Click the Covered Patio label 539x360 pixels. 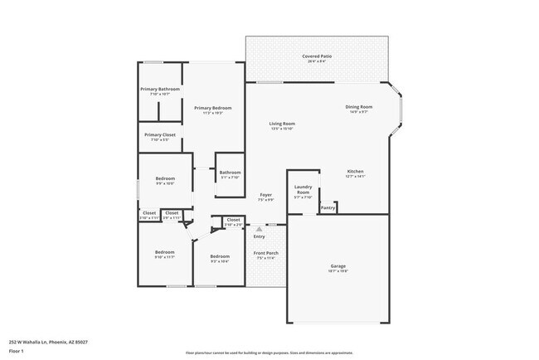click(317, 56)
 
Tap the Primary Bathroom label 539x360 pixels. click(160, 89)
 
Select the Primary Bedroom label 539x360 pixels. click(213, 108)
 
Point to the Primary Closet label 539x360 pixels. click(160, 134)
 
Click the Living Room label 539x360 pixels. click(283, 124)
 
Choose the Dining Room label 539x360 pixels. click(359, 106)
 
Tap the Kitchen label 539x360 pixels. click(356, 171)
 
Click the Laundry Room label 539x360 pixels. click(303, 189)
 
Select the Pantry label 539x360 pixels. click(328, 207)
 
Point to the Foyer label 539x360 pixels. click(265, 195)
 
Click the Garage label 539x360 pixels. click(338, 266)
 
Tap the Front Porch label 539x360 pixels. click(265, 253)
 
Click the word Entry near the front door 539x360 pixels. click(260, 236)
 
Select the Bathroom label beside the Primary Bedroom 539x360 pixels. click(230, 173)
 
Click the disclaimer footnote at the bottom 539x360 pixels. click(269, 353)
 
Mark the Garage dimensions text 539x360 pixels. click(338, 271)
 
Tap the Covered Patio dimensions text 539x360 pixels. click(317, 61)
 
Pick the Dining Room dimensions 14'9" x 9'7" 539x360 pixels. click(359, 111)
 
